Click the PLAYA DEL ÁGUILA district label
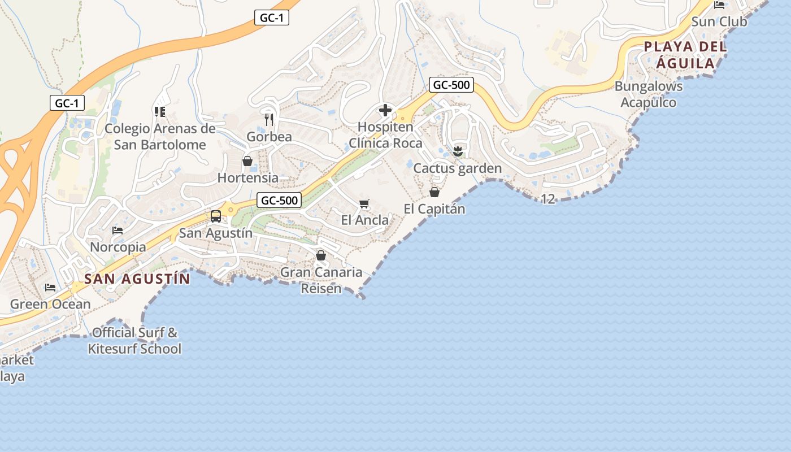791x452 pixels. click(685, 55)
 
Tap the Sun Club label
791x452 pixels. click(719, 21)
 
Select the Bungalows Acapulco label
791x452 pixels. click(649, 94)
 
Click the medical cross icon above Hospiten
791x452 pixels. click(385, 110)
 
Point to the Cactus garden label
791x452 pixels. click(458, 168)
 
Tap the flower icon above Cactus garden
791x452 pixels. click(458, 151)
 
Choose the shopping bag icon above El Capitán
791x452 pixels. click(434, 192)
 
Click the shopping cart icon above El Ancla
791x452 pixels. click(364, 203)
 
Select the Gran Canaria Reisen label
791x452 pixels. click(321, 280)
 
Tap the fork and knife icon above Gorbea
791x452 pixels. click(269, 120)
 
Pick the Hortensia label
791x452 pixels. click(248, 178)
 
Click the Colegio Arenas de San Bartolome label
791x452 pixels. click(160, 137)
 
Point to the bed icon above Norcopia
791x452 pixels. click(118, 231)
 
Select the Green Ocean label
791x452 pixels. click(50, 304)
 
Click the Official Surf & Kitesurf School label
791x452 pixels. click(134, 341)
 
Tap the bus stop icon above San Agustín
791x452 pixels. click(215, 216)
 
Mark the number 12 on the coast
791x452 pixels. click(547, 199)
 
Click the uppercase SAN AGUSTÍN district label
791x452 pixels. click(137, 279)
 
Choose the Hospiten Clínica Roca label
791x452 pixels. click(385, 135)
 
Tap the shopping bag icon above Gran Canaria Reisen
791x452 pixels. click(321, 255)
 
